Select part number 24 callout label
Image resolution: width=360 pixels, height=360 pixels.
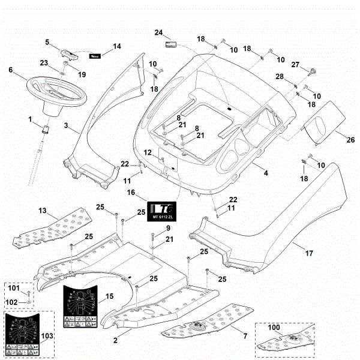tap(158, 32)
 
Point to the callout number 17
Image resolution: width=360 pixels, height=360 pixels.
tap(308, 254)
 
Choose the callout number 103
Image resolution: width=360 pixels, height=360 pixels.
tap(46, 334)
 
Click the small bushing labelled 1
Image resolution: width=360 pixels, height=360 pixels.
tap(45, 129)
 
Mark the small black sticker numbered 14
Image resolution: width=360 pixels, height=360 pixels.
tap(95, 56)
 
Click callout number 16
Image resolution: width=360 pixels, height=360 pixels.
tap(131, 194)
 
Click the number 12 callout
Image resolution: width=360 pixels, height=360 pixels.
tap(148, 152)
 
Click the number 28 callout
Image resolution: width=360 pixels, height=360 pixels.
tap(280, 77)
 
